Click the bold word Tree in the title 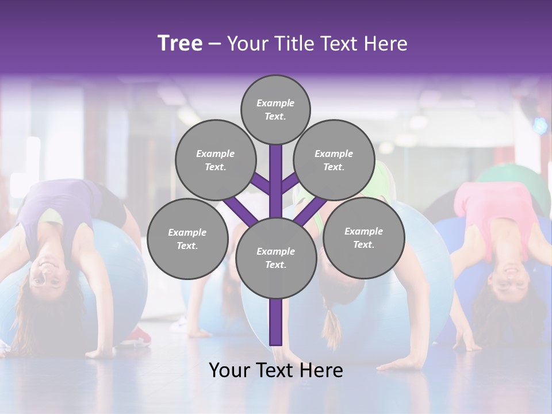pos(180,44)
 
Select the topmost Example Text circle pos(275,109)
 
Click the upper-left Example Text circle pos(215,160)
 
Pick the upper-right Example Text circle pos(334,160)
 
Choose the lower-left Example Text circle pos(187,239)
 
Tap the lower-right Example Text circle pos(363,237)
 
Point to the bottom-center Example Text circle pos(276,258)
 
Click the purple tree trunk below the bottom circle pos(276,322)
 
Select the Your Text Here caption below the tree pos(276,370)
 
